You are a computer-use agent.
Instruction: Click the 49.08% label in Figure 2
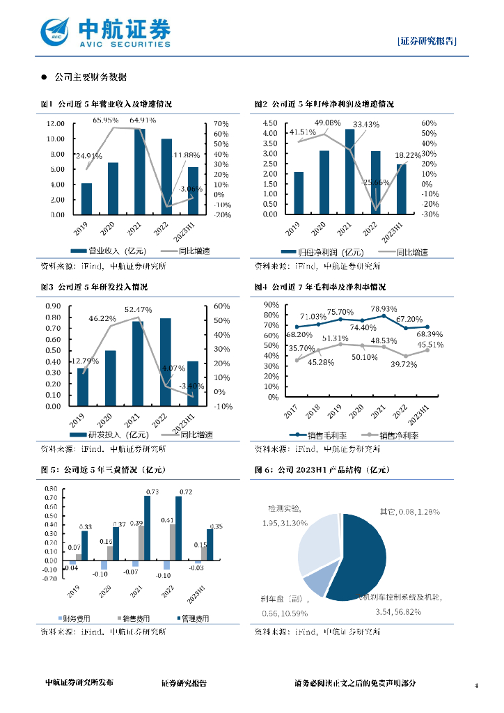pos(328,123)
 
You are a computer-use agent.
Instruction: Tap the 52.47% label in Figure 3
pos(139,309)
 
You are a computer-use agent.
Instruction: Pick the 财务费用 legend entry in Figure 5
pos(77,618)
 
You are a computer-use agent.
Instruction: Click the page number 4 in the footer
pos(477,687)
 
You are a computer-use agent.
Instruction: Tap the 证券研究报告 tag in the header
pos(427,40)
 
